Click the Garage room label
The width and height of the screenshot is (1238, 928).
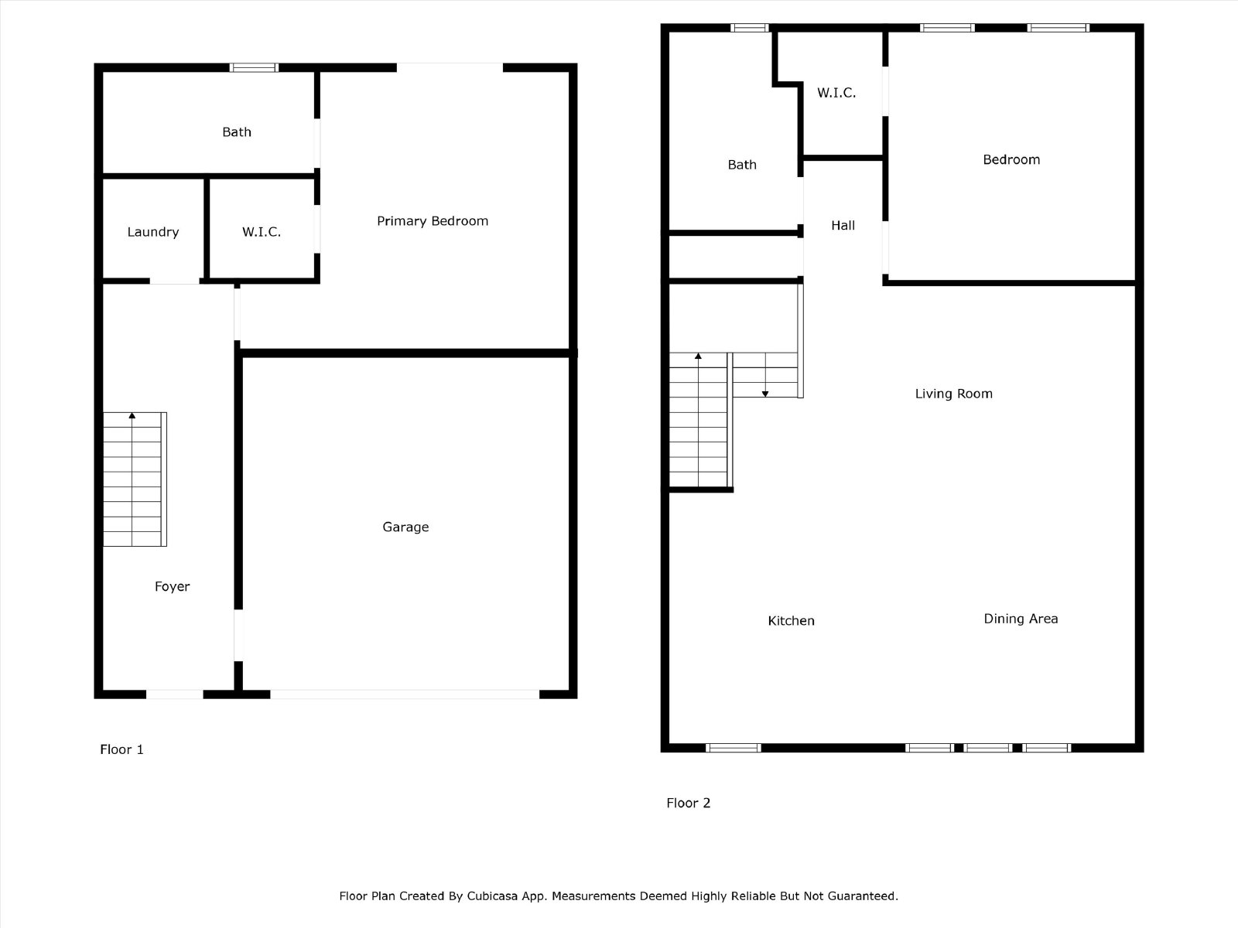[405, 527]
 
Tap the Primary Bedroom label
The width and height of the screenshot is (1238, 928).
[433, 221]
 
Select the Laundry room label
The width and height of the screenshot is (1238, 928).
[153, 232]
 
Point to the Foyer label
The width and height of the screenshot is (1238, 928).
[172, 586]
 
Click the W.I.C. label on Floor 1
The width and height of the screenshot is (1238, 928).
[261, 232]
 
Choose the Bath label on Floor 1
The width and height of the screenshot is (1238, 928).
[236, 131]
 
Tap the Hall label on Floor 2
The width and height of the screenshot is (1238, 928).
[843, 225]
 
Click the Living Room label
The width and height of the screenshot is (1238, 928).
[954, 394]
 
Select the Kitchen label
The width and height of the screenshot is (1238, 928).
[791, 621]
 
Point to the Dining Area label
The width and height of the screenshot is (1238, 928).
[1021, 619]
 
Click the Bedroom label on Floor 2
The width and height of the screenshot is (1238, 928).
[1011, 159]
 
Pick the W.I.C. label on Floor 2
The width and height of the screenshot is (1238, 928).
[836, 93]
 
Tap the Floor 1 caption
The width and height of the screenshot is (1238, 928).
[121, 749]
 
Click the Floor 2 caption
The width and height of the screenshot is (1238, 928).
[688, 803]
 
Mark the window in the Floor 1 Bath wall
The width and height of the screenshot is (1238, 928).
[254, 67]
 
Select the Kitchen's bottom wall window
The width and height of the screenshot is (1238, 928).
[734, 748]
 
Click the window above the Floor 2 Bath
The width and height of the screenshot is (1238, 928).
[750, 28]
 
